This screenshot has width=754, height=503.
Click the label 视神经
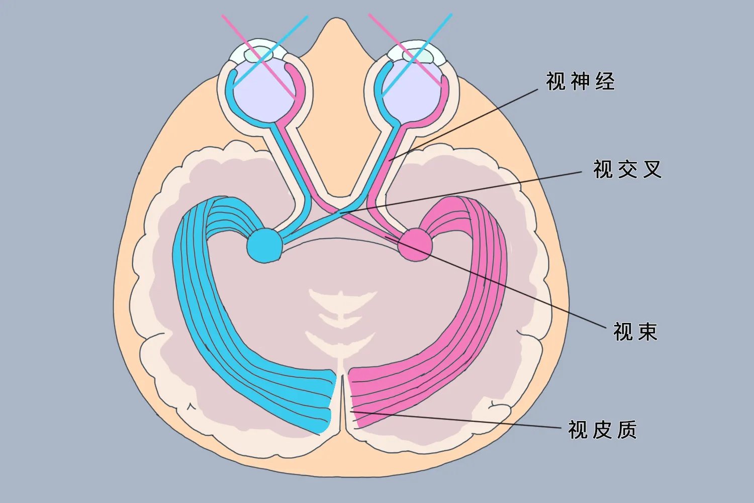[x=580, y=81]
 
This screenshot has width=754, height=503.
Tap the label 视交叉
[x=627, y=170]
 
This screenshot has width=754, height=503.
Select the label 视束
[x=635, y=331]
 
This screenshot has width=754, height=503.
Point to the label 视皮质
[x=602, y=430]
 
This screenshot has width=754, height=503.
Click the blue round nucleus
[x=264, y=245]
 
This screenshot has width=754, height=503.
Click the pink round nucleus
[x=416, y=244]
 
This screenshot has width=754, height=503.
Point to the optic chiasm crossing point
[x=341, y=212]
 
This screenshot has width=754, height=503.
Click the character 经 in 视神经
[x=605, y=81]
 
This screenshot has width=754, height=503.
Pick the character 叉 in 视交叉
[x=652, y=170]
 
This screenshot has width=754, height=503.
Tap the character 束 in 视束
[x=647, y=331]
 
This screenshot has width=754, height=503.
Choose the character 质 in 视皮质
[x=627, y=430]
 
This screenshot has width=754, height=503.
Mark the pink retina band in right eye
[x=443, y=101]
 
